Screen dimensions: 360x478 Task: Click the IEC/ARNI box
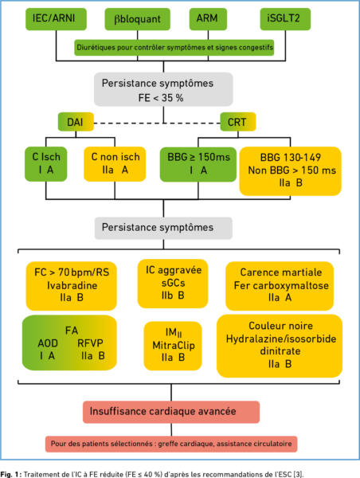(56, 19)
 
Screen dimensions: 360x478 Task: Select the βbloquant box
(137, 19)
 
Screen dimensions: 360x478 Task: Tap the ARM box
(208, 19)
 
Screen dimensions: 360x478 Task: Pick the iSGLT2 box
(285, 19)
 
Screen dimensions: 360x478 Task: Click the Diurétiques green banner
(174, 48)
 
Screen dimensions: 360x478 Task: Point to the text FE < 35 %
(161, 98)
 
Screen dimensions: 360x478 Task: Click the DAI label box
(76, 122)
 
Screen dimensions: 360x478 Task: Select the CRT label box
(238, 122)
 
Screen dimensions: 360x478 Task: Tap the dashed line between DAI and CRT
(157, 123)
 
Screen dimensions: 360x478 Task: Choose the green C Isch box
(45, 164)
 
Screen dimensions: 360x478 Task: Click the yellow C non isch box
(115, 164)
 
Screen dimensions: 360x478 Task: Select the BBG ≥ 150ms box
(198, 164)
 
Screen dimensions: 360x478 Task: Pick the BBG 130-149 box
(290, 171)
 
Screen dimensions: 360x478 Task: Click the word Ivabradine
(72, 285)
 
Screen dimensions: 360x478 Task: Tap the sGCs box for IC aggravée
(173, 284)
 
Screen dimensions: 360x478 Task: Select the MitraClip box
(173, 346)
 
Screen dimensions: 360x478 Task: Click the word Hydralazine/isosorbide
(280, 339)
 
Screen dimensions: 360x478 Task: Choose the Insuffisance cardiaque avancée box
(171, 412)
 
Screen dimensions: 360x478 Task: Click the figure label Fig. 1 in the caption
(12, 474)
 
